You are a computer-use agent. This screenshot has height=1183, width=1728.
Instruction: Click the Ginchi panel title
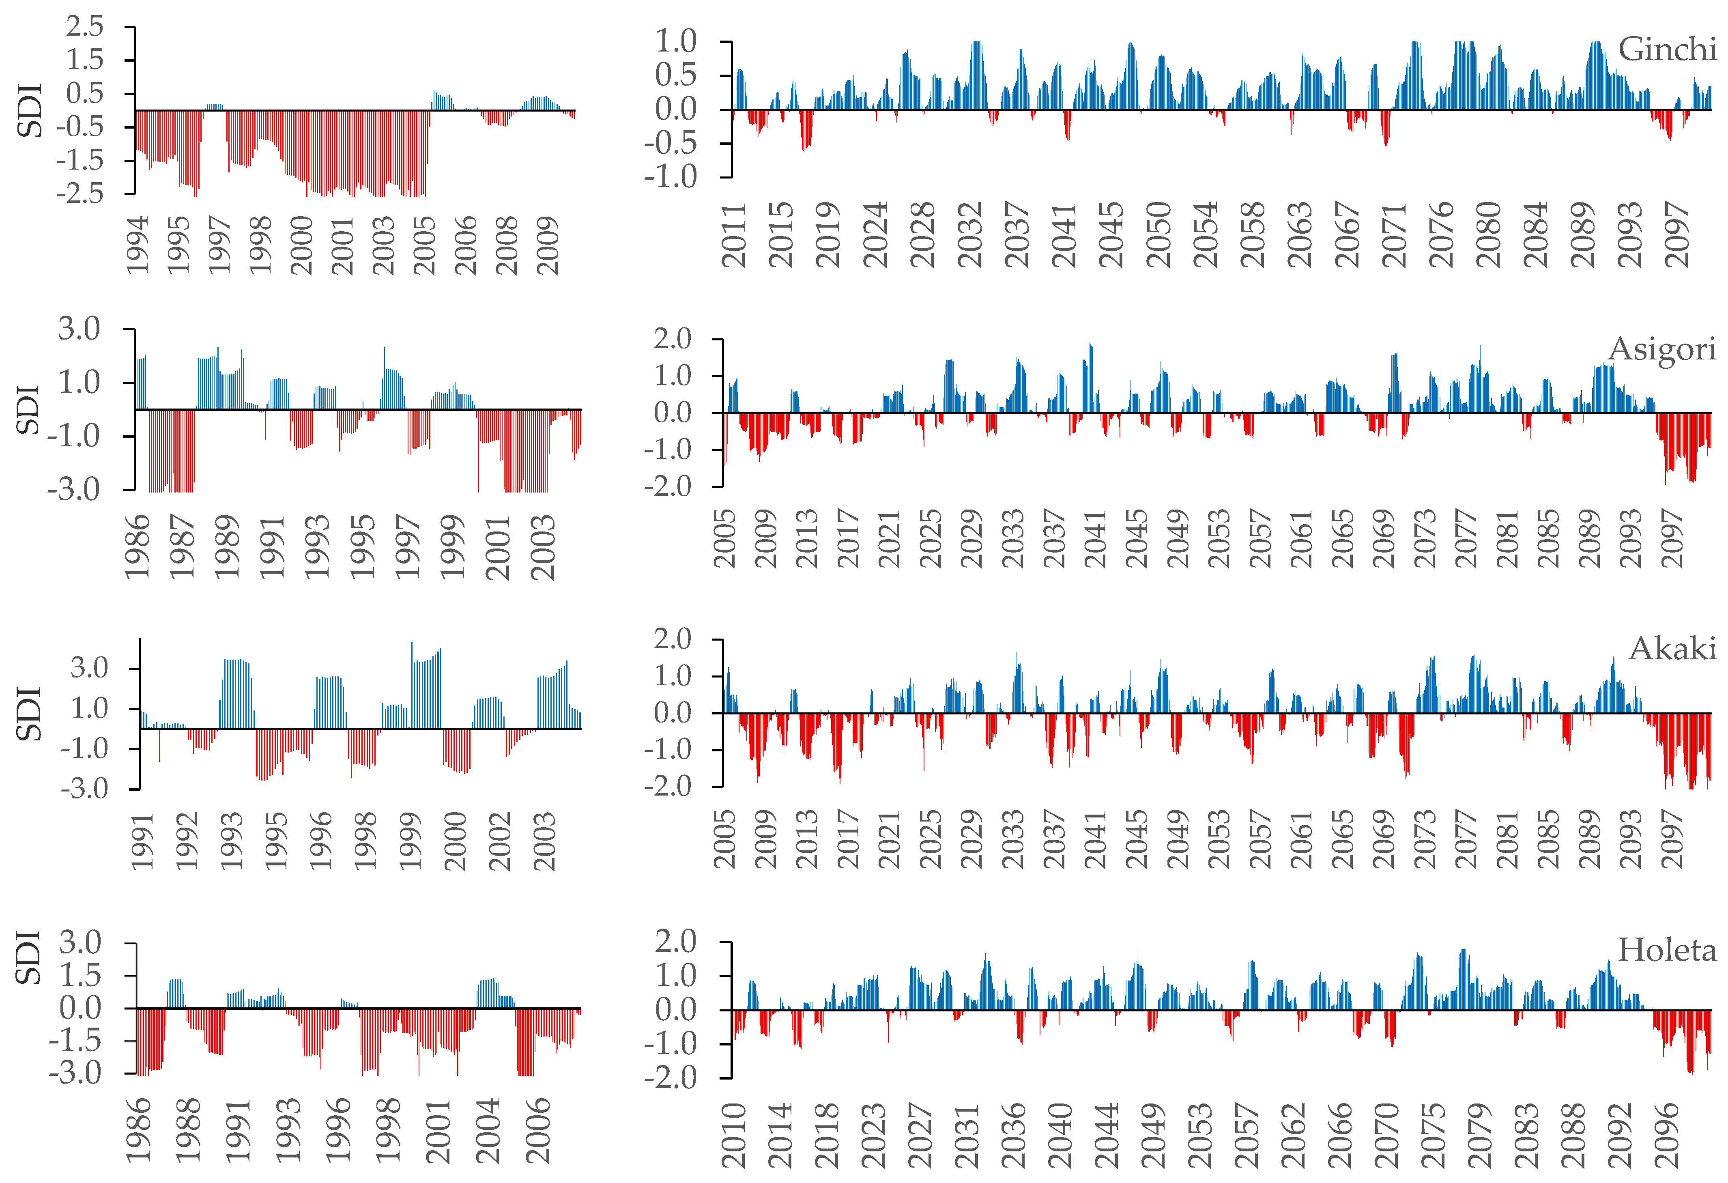[x=1666, y=50]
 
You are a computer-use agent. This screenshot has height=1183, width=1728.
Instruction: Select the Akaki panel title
[x=1672, y=649]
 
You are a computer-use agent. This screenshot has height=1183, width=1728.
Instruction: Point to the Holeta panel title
[x=1666, y=950]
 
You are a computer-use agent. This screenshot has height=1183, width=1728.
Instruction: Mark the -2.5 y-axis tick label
[x=80, y=194]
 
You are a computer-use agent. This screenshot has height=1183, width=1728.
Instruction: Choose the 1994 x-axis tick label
[x=138, y=245]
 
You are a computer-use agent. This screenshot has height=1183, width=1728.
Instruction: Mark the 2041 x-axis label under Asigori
[x=1096, y=538]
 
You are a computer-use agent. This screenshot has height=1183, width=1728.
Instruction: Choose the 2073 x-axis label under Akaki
[x=1425, y=839]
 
